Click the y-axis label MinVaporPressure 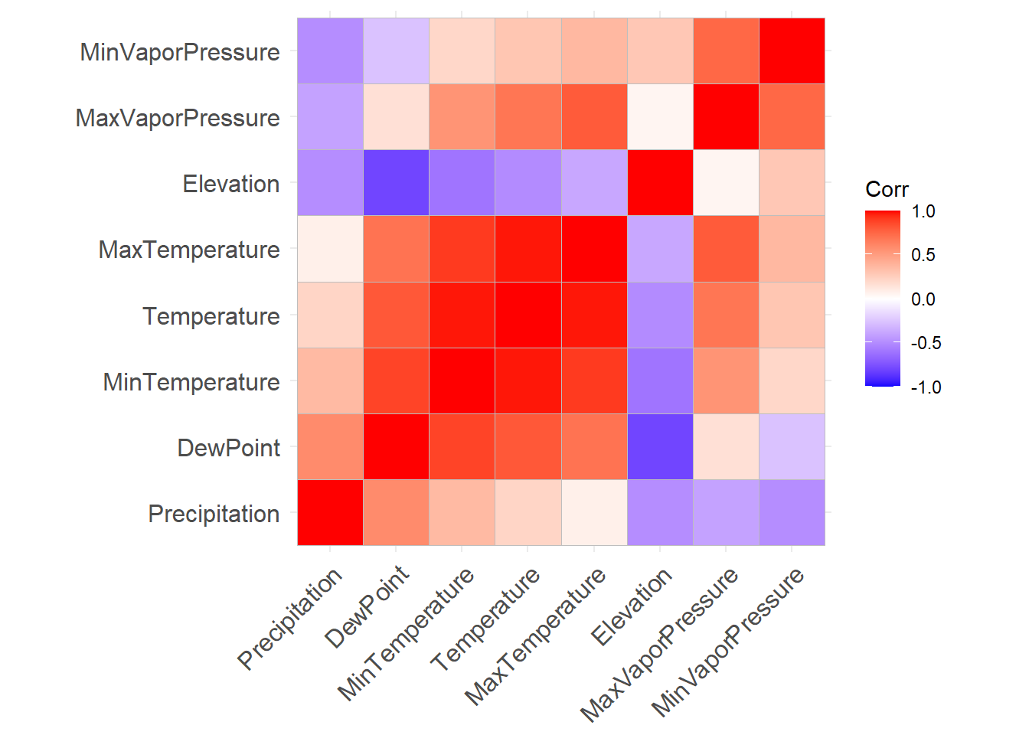tap(180, 52)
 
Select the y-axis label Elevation tap(230, 184)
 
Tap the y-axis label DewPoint tap(228, 448)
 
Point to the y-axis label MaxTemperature tap(189, 250)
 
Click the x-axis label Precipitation tap(290, 619)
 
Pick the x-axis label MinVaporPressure tap(728, 642)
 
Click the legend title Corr tap(887, 189)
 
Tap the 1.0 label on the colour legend tap(923, 211)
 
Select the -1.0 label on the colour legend tap(926, 387)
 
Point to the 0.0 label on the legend tap(923, 299)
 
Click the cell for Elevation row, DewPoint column tap(396, 184)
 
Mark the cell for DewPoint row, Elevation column tap(660, 447)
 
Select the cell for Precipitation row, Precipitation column tap(330, 513)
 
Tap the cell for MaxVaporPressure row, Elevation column tap(660, 117)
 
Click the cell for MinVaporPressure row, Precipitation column tap(330, 51)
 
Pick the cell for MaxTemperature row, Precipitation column tap(330, 250)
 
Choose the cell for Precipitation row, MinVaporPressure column tap(792, 513)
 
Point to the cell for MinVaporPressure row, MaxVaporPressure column tap(726, 51)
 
